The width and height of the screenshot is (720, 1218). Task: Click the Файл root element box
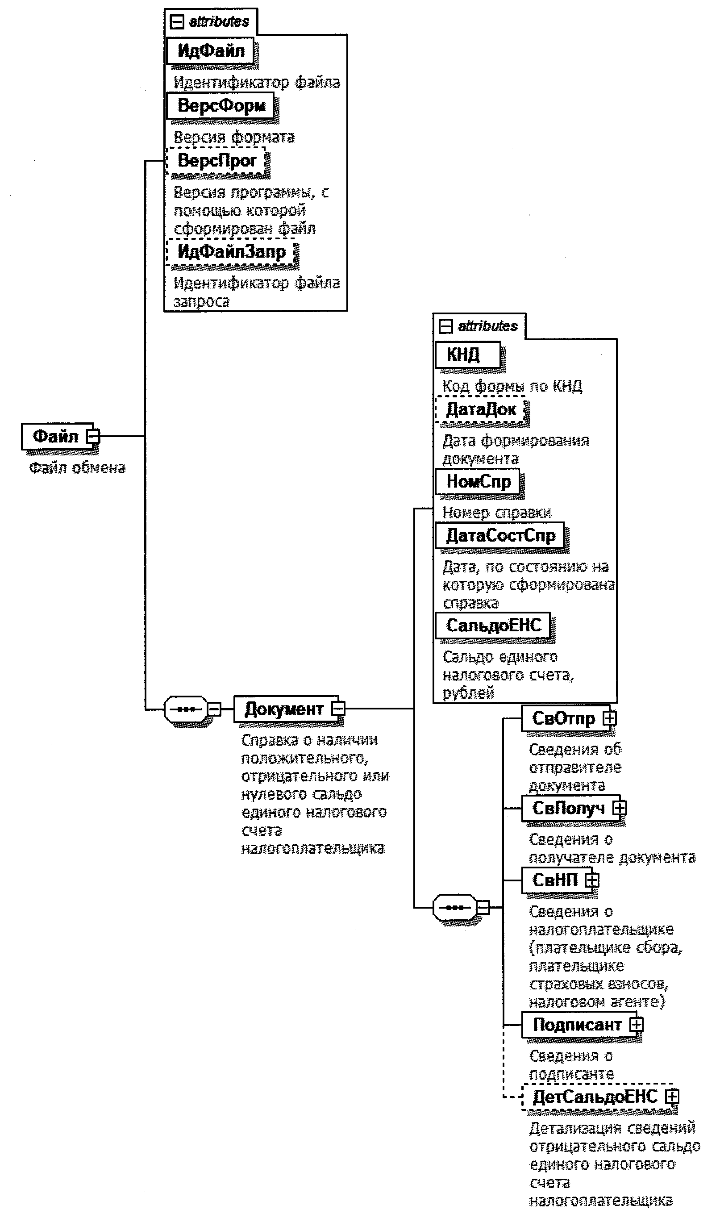pos(55,436)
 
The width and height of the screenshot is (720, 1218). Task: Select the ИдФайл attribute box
pos(210,51)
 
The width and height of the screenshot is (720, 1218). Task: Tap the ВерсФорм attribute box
pos(221,105)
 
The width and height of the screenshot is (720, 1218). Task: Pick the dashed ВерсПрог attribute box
pos(216,161)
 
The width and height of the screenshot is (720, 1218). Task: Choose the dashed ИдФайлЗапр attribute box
pos(231,252)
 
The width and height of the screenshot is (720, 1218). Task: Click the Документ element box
pos(284,709)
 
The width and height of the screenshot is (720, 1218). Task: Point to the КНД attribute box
pos(467,355)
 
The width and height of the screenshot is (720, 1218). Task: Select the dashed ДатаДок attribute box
pos(480,409)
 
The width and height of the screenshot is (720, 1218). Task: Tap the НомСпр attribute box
pos(478,481)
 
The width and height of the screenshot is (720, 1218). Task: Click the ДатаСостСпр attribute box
pos(500,535)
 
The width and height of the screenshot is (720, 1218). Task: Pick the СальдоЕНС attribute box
pos(493,626)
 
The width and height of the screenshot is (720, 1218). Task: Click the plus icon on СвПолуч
pos(619,808)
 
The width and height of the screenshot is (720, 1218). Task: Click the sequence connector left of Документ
pos(186,709)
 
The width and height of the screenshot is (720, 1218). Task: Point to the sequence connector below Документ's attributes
pos(454,907)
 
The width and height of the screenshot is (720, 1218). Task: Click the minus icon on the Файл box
pos(92,436)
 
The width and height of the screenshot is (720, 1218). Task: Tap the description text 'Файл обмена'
pos(77,468)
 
